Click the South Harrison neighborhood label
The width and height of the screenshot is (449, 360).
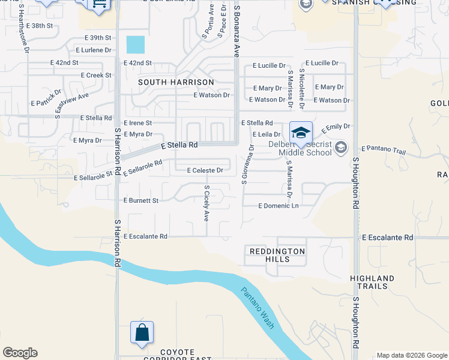176,82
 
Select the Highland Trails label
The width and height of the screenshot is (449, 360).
372,283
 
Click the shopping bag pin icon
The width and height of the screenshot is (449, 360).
142,333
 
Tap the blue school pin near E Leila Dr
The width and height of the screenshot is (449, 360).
301,133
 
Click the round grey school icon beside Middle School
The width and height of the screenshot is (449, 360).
341,147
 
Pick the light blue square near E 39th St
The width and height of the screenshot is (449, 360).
136,44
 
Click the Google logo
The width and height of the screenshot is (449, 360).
20,353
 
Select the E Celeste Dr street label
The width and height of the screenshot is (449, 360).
205,170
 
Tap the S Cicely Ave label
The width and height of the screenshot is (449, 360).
206,203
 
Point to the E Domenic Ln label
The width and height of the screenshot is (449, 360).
278,206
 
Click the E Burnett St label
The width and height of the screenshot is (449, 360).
140,200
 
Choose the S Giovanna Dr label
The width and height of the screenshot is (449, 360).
245,164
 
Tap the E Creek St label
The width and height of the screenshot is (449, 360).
96,75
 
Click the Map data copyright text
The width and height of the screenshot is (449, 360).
411,355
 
